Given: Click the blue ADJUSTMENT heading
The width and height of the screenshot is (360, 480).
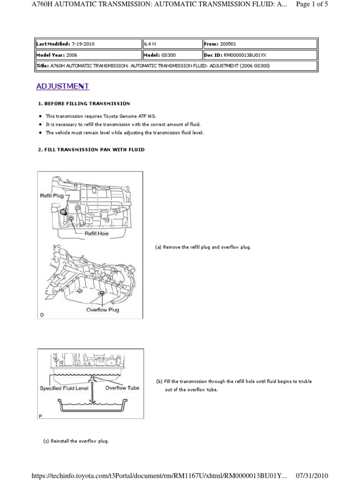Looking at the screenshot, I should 63,86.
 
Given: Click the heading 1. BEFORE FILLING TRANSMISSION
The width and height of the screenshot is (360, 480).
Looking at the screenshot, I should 83,103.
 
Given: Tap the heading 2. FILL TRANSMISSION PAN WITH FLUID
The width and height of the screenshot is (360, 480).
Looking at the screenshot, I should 91,150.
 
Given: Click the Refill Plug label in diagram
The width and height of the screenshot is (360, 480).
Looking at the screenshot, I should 52,196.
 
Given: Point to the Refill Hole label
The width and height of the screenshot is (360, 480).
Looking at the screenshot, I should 97,233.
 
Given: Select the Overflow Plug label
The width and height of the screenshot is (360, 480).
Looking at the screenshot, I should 103,310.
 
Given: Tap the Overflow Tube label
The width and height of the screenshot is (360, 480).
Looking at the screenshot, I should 122,388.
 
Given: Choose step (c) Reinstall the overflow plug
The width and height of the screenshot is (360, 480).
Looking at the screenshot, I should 75,441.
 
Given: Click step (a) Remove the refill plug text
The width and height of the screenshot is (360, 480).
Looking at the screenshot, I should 202,247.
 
